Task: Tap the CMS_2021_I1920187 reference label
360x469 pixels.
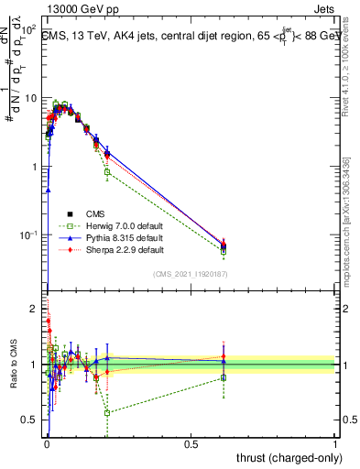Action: click(191, 274)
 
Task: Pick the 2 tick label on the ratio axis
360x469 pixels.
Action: click(35, 309)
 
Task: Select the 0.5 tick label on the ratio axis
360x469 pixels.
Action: click(30, 420)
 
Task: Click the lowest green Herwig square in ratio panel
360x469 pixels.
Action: click(107, 413)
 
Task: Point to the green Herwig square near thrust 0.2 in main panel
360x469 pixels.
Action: click(107, 171)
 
